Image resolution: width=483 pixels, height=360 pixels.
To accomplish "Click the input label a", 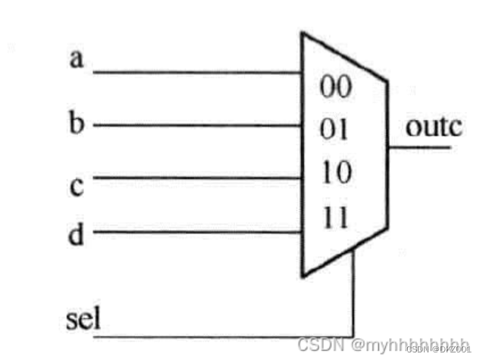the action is pyautogui.click(x=76, y=60).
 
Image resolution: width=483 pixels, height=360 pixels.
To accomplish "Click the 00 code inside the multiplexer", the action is pyautogui.click(x=335, y=89).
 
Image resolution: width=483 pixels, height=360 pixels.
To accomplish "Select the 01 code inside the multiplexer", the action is pyautogui.click(x=334, y=130).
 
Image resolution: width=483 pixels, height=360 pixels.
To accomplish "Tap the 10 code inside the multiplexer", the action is pyautogui.click(x=334, y=175).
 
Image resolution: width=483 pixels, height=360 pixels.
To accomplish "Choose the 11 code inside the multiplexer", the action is pyautogui.click(x=334, y=219).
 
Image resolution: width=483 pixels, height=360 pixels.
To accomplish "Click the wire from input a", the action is pyautogui.click(x=197, y=74).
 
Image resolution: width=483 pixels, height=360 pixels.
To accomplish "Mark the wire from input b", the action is pyautogui.click(x=197, y=125).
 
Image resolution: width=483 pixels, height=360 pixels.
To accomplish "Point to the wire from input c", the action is pyautogui.click(x=197, y=179).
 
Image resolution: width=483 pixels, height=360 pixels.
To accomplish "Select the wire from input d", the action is pyautogui.click(x=197, y=232).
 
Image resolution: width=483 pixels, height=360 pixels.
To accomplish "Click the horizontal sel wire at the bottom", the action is pyautogui.click(x=227, y=336).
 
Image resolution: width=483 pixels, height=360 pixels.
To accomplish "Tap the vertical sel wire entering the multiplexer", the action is pyautogui.click(x=353, y=296).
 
